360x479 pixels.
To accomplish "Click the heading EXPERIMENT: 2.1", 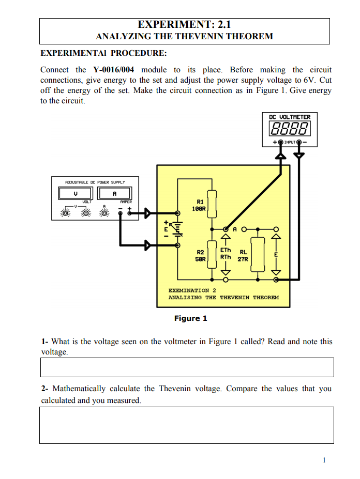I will [x=184, y=24].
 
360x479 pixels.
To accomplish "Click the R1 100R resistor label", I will [x=200, y=206].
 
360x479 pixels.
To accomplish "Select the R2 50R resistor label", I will [x=200, y=255].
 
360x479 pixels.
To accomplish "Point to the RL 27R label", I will [x=243, y=255].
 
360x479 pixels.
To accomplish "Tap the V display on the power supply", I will [x=76, y=193].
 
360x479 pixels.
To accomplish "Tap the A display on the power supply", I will [x=115, y=193].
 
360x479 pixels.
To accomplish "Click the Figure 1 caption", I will [x=190, y=318].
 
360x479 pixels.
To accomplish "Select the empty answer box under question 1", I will [x=187, y=367].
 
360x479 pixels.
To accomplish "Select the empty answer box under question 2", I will [x=187, y=425].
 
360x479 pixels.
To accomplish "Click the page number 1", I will [x=323, y=460].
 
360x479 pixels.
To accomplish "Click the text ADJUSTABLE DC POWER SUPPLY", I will [x=95, y=182].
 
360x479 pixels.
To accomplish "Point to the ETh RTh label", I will [x=226, y=253].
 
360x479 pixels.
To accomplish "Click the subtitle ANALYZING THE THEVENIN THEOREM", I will [x=184, y=37].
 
